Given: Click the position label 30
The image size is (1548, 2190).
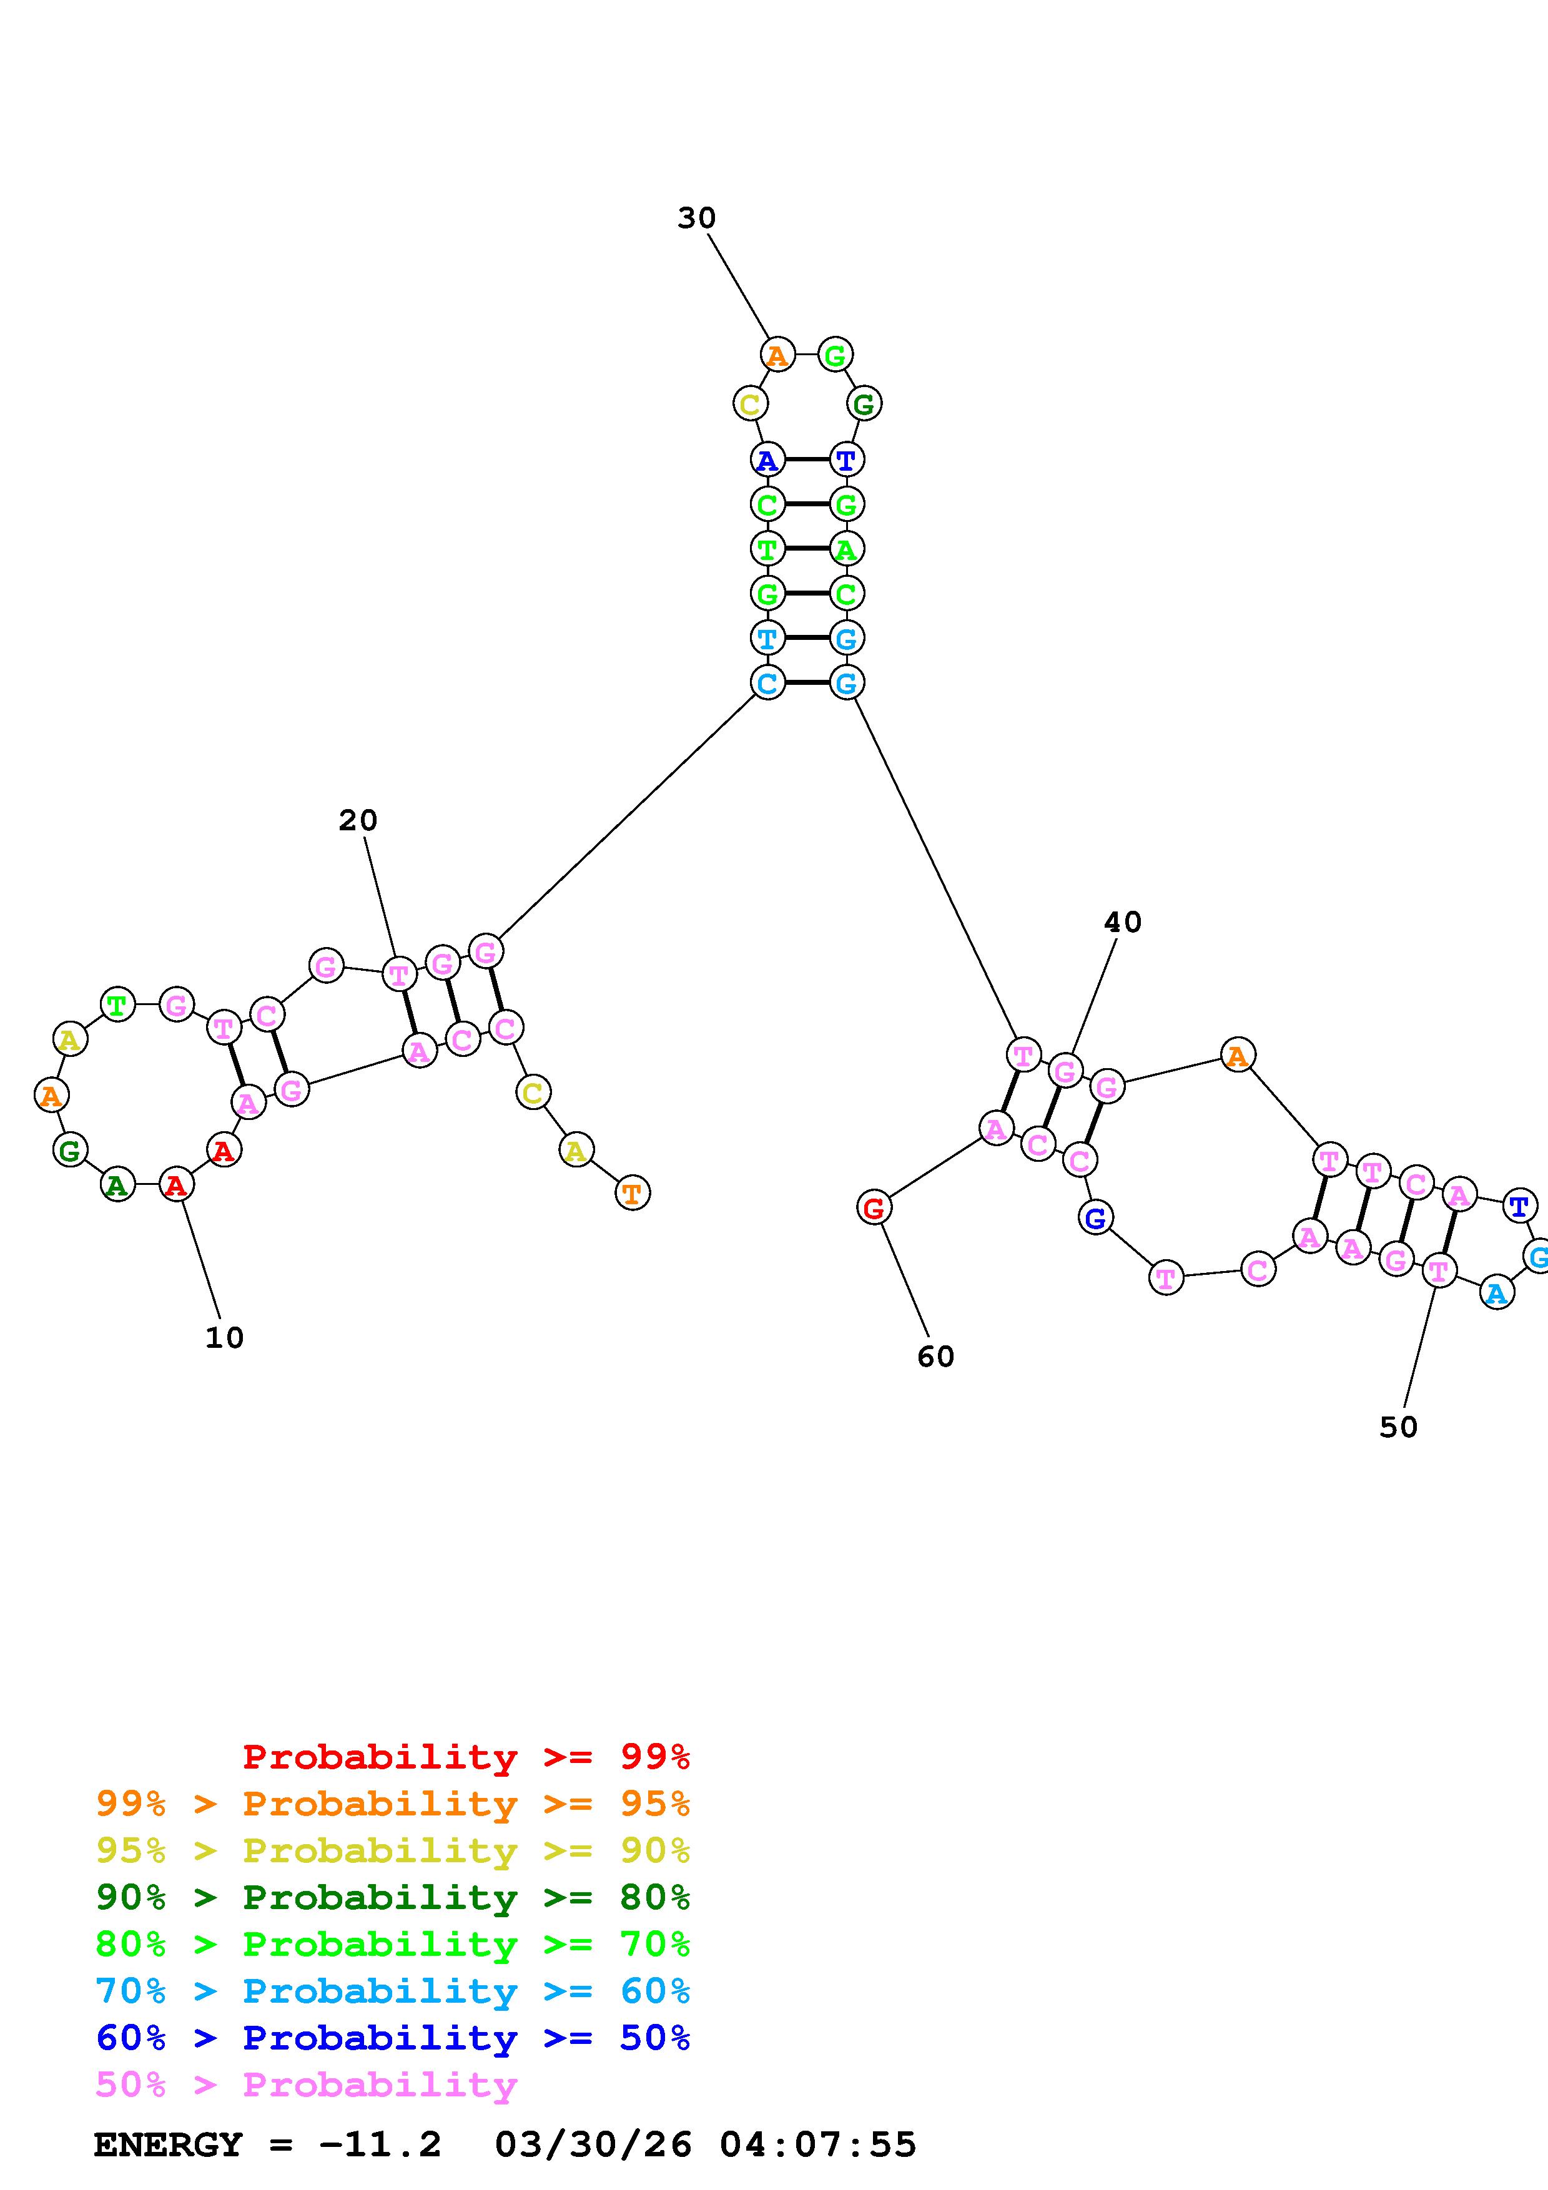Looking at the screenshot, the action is coord(696,219).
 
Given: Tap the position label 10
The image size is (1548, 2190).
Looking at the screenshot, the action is coord(224,1338).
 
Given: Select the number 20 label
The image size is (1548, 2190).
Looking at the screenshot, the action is coord(358,820).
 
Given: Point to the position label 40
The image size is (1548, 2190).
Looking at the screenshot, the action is coord(1123,922).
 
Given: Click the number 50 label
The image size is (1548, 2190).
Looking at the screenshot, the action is coord(1398,1427).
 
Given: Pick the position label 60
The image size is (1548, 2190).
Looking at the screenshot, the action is coord(935,1357).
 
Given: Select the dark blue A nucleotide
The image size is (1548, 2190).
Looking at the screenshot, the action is coord(767,461).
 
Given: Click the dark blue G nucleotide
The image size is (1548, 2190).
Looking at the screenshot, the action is coord(1096,1217).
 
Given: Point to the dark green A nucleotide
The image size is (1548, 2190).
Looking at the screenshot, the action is coord(117,1185).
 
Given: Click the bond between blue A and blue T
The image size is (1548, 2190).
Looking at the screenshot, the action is coord(806,459).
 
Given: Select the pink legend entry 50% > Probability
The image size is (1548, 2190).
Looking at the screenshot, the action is coord(306,2085).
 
